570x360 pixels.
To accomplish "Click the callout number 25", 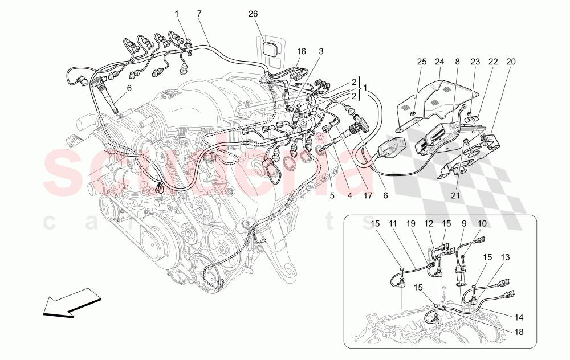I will (422, 61).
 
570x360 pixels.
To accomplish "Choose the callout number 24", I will (439, 61).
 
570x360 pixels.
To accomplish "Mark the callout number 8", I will (457, 61).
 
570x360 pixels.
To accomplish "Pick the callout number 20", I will (510, 61).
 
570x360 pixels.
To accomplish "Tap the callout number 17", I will (368, 195).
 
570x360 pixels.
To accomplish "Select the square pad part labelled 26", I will (270, 48).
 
